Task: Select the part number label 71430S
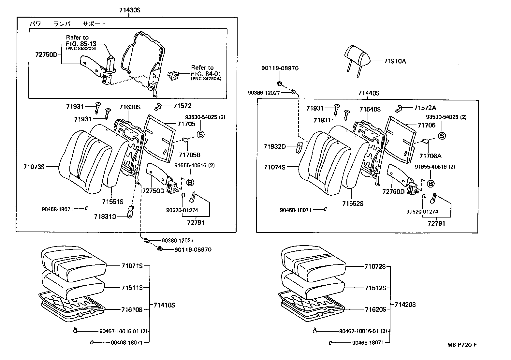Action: click(x=129, y=10)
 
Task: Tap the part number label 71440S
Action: click(x=369, y=93)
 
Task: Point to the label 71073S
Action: click(x=34, y=167)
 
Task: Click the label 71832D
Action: click(x=275, y=147)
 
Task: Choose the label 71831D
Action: click(x=105, y=217)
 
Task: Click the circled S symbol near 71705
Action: click(x=200, y=134)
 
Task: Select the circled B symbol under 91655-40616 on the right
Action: click(x=431, y=184)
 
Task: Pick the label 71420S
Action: click(x=405, y=305)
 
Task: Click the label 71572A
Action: click(x=425, y=108)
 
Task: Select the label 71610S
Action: click(x=132, y=309)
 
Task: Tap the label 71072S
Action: click(x=375, y=266)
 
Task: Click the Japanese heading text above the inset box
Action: click(x=68, y=24)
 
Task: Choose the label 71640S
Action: click(x=370, y=109)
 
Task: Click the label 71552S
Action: click(x=353, y=203)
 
